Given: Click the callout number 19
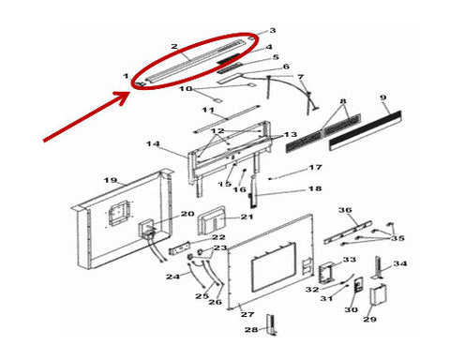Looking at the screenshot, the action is pyautogui.click(x=111, y=180).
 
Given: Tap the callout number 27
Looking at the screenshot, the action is pyautogui.click(x=247, y=314).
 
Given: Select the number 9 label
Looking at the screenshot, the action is pyautogui.click(x=383, y=97).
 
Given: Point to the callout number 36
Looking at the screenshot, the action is pyautogui.click(x=345, y=210).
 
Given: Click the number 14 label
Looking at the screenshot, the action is pyautogui.click(x=153, y=144).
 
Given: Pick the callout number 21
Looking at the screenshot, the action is pyautogui.click(x=247, y=217).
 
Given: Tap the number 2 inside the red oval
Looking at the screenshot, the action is pyautogui.click(x=174, y=47).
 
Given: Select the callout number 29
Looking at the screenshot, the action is pyautogui.click(x=369, y=320).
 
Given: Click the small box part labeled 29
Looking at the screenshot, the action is pyautogui.click(x=379, y=294).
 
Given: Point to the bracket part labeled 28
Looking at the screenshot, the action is pyautogui.click(x=272, y=325).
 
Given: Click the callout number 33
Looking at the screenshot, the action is pyautogui.click(x=350, y=260).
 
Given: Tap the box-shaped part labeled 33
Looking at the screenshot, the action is pyautogui.click(x=326, y=273).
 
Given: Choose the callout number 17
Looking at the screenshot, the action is pyautogui.click(x=315, y=168).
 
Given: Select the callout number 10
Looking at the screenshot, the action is pyautogui.click(x=186, y=89).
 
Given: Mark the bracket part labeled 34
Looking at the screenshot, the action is pyautogui.click(x=379, y=267).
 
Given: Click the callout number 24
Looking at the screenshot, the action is pyautogui.click(x=172, y=277).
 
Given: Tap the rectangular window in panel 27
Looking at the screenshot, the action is pyautogui.click(x=274, y=267).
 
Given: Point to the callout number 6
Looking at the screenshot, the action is pyautogui.click(x=286, y=67).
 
